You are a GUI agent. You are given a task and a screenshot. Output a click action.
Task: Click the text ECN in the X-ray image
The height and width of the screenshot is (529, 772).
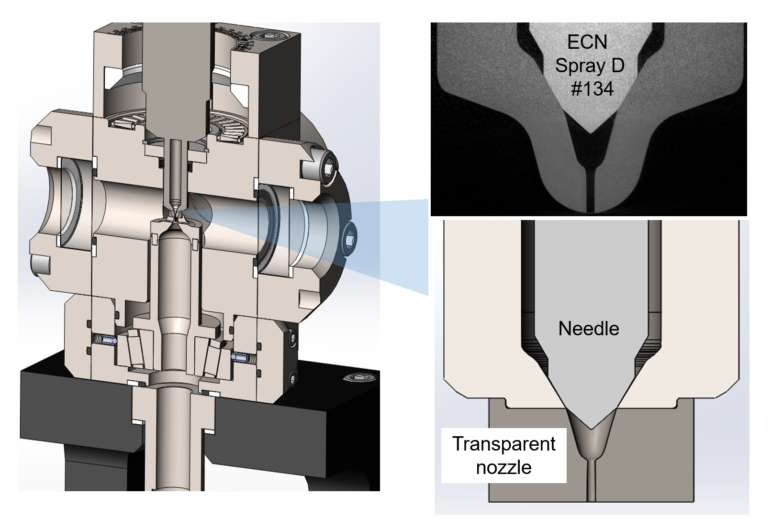pyautogui.click(x=587, y=42)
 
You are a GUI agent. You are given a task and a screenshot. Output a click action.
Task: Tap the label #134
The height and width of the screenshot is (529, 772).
pyautogui.click(x=592, y=88)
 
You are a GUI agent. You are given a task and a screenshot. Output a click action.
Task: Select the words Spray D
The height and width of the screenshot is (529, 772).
pyautogui.click(x=589, y=66)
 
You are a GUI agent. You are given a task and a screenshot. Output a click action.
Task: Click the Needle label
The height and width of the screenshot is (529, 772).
pyautogui.click(x=588, y=329)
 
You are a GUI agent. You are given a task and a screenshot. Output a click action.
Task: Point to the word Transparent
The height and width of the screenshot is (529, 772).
pyautogui.click(x=503, y=444)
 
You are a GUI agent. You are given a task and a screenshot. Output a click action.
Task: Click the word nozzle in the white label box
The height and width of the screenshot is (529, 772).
pyautogui.click(x=503, y=467)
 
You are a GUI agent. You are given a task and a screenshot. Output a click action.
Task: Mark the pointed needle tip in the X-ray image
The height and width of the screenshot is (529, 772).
pyautogui.click(x=591, y=132)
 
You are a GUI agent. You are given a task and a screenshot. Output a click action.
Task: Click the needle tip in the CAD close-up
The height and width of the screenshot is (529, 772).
pyautogui.click(x=592, y=427)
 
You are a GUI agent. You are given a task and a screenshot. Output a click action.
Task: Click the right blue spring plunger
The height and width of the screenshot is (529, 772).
pyautogui.click(x=241, y=357)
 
